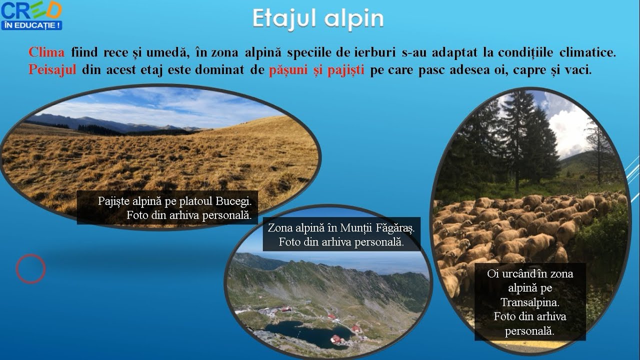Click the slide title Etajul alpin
point(318,18)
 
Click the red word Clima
point(46,52)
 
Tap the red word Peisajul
point(52,70)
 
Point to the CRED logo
point(31,10)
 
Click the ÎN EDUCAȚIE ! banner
point(31,24)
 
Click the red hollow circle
point(30,268)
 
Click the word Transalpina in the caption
point(530,302)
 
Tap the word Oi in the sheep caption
point(493,274)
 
